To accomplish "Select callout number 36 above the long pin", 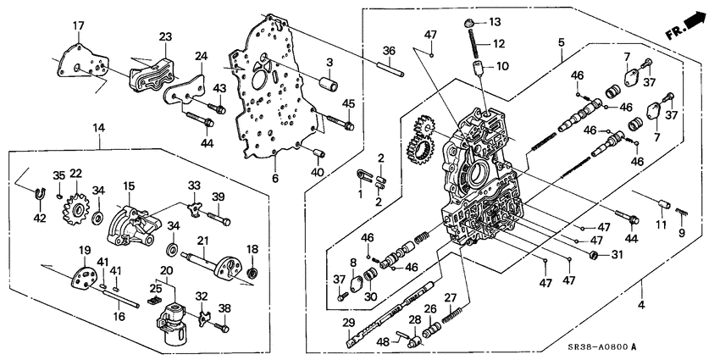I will [389, 51].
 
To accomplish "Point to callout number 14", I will [99, 127].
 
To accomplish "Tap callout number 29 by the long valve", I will [348, 323].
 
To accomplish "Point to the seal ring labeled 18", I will [252, 273].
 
